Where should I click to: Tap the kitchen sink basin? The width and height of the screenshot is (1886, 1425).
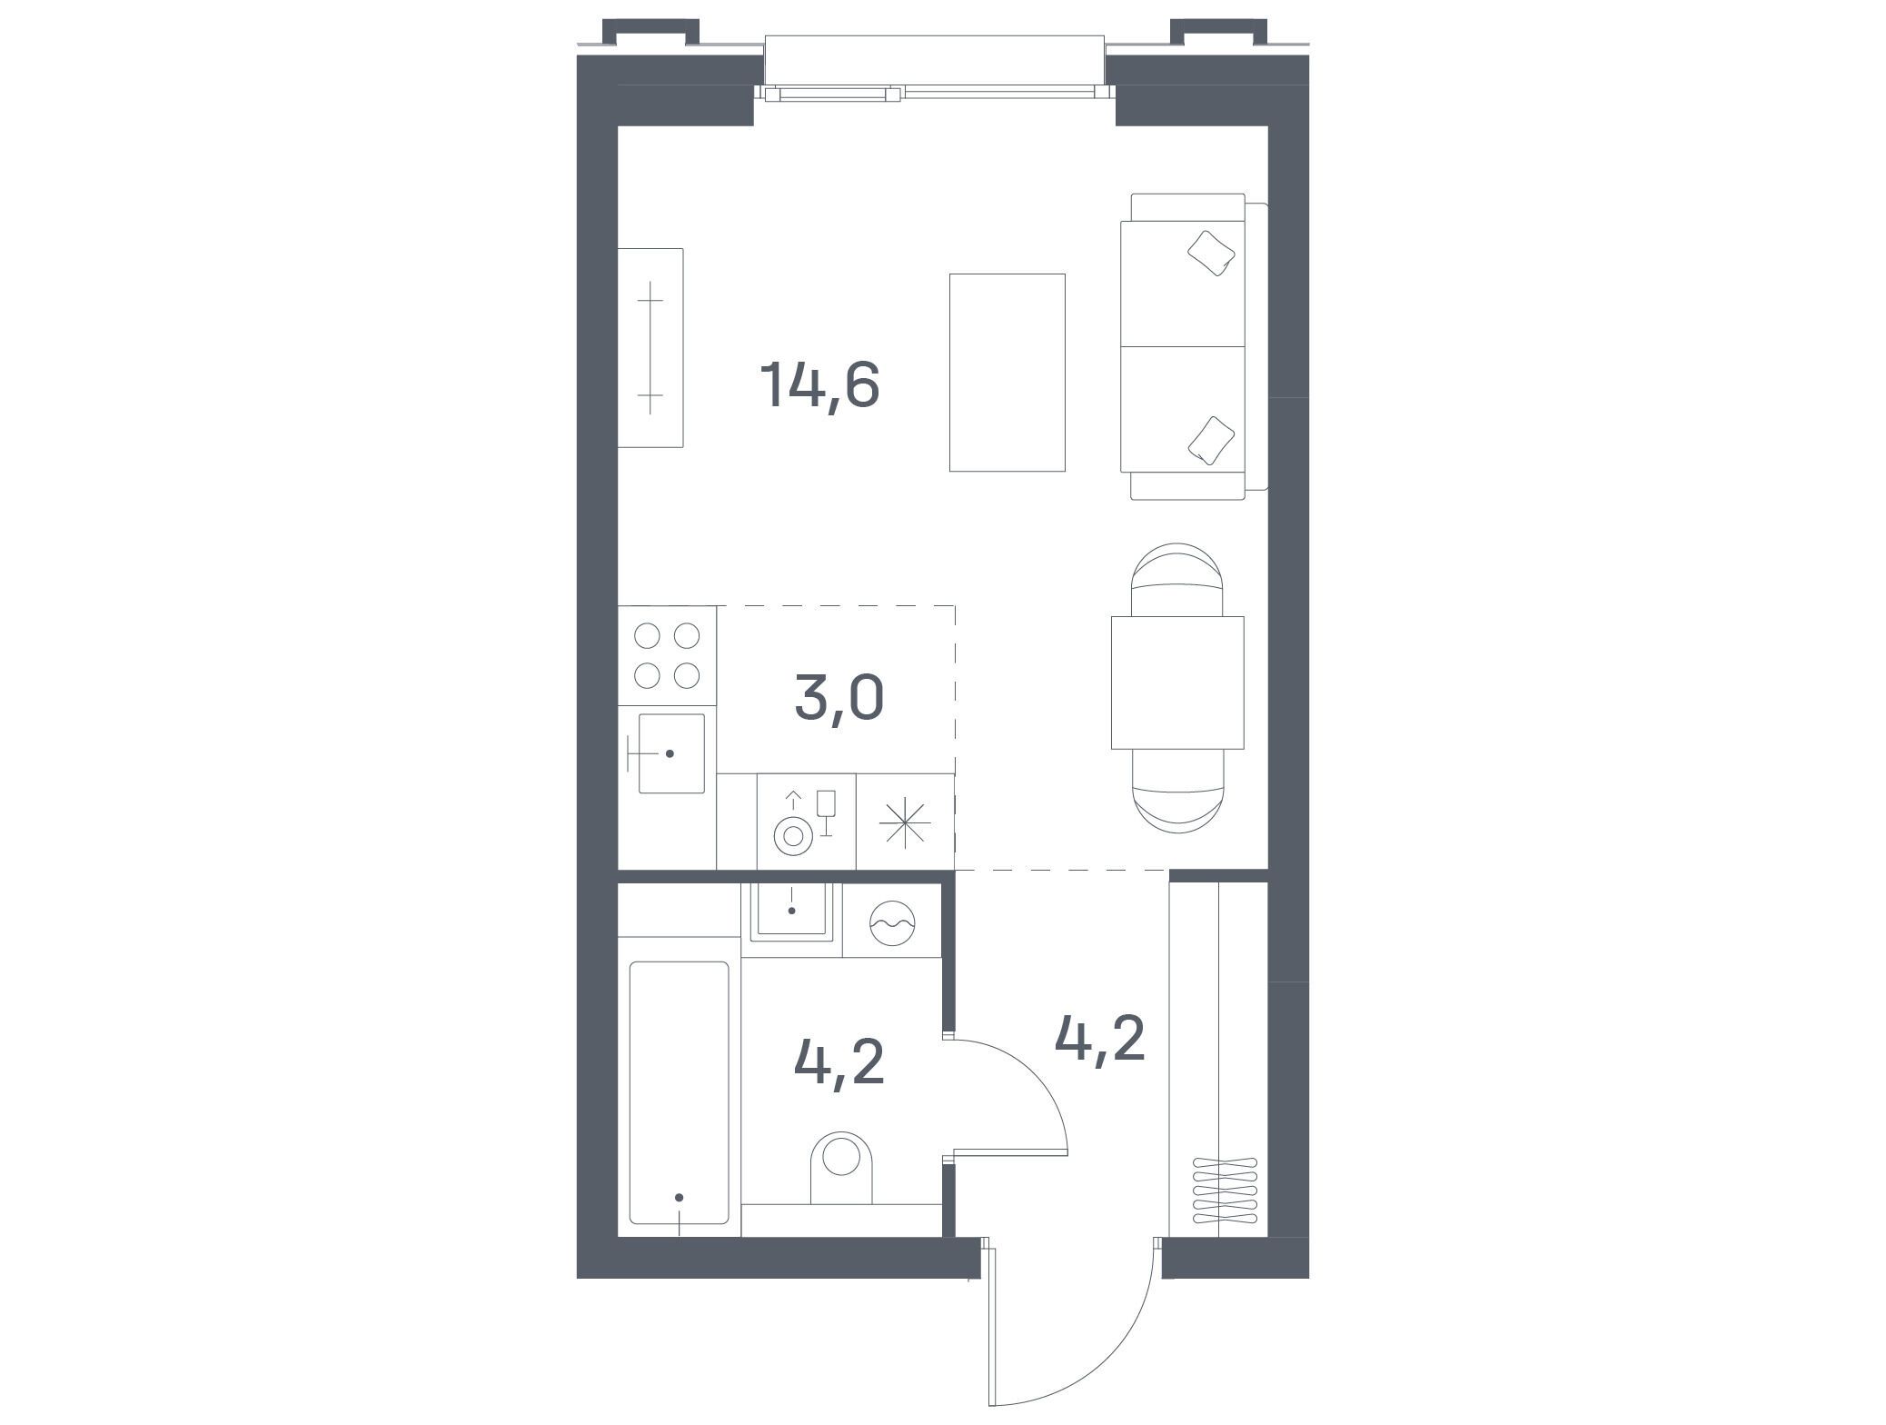pyautogui.click(x=671, y=753)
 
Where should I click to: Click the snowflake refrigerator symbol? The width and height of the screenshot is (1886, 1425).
pyautogui.click(x=906, y=821)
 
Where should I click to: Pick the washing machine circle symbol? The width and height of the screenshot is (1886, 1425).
pyautogui.click(x=891, y=924)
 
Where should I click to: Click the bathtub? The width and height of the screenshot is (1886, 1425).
pyautogui.click(x=680, y=1091)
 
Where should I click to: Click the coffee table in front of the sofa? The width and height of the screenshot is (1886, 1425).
pyautogui.click(x=1007, y=373)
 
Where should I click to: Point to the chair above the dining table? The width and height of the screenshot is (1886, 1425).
pyautogui.click(x=1176, y=580)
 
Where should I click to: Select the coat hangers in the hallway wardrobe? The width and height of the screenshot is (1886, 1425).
pyautogui.click(x=1225, y=1188)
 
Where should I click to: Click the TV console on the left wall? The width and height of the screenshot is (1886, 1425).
pyautogui.click(x=650, y=348)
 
